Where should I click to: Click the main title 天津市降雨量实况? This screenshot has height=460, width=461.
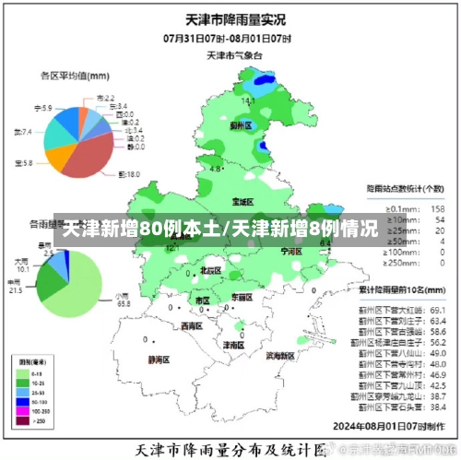pyautogui.click(x=230, y=18)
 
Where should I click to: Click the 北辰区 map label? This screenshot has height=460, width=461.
pyautogui.click(x=210, y=270)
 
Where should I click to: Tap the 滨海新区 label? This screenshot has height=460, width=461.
pyautogui.click(x=280, y=355)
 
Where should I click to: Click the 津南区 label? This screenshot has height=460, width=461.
pyautogui.click(x=233, y=344)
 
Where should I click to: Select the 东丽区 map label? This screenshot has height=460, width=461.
pyautogui.click(x=242, y=297)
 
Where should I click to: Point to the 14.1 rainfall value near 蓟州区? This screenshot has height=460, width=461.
pyautogui.click(x=248, y=100)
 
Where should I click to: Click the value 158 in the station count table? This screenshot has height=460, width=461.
pyautogui.click(x=440, y=208)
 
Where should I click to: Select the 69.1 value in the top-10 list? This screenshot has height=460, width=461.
pyautogui.click(x=438, y=311)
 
